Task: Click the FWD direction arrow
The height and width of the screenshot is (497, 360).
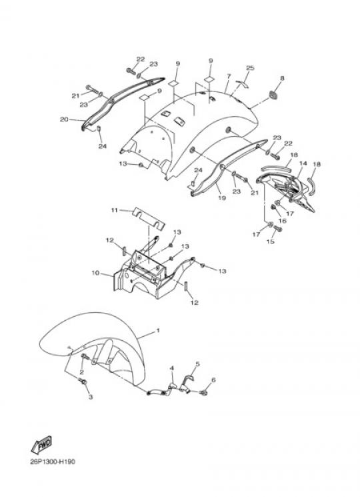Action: [42, 444]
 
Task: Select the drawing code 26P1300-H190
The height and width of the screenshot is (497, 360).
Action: [53, 462]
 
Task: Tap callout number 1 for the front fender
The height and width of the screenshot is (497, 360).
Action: [158, 331]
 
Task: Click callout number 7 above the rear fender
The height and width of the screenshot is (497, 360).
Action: [229, 77]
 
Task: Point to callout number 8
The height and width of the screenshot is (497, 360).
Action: [282, 78]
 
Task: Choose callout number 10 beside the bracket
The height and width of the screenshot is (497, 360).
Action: [95, 273]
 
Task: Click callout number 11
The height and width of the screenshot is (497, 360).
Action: [114, 210]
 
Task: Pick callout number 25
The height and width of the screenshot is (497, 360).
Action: [250, 68]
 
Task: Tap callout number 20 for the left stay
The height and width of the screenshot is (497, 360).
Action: [64, 119]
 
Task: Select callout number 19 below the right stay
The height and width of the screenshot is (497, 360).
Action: [222, 197]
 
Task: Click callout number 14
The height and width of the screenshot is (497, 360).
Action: [303, 163]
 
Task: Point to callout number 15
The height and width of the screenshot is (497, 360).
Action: [271, 241]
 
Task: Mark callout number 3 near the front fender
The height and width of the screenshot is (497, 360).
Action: [91, 397]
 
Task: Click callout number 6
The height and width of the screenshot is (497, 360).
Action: [213, 380]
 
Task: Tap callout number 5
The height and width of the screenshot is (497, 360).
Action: [197, 364]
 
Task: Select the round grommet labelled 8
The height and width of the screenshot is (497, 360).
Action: [272, 95]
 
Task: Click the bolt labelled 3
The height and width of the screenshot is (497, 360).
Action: [83, 382]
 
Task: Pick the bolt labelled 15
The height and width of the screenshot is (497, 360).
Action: [278, 228]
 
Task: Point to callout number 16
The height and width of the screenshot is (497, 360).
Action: [282, 221]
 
